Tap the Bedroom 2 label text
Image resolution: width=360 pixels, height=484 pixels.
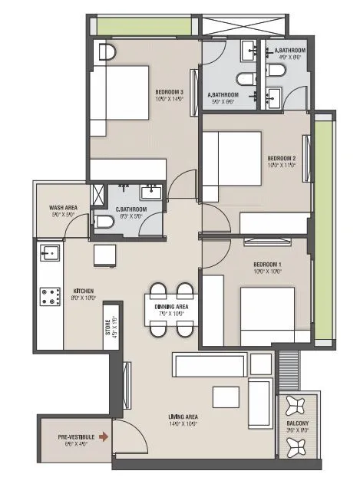[279, 159]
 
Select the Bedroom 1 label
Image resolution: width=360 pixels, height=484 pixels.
[268, 265]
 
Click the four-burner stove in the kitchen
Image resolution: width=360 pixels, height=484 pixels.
[51, 295]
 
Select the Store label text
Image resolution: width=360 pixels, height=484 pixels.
[112, 328]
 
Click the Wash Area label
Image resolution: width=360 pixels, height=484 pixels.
[61, 208]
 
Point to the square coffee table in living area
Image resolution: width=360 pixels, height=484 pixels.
[226, 397]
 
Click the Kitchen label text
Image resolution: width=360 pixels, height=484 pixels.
[84, 291]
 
